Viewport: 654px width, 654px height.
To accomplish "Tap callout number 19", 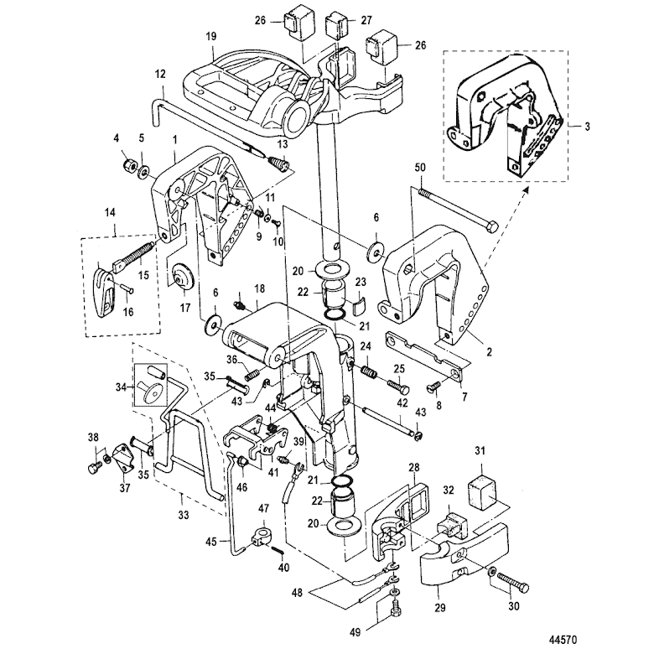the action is [x=211, y=36].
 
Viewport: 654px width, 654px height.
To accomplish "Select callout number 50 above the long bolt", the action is [x=420, y=167].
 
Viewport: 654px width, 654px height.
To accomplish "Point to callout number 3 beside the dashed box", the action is [x=587, y=126].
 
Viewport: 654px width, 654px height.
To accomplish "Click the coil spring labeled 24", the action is [x=369, y=371].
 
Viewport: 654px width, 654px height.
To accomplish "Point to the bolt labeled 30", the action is [x=512, y=583].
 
